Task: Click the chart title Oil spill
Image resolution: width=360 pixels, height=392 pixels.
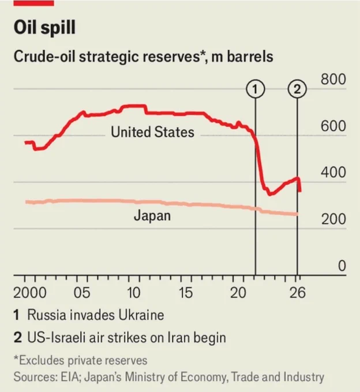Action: [x=44, y=28]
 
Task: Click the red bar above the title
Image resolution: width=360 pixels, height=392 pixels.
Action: [x=34, y=3]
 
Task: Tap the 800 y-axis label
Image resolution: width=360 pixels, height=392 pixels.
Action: [x=333, y=79]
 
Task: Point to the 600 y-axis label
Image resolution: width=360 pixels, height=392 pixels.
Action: [x=333, y=126]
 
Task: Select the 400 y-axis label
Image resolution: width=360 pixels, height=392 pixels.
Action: [x=333, y=172]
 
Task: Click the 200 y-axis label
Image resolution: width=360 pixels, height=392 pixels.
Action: [x=333, y=219]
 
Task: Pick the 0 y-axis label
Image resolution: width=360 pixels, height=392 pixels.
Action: [x=342, y=266]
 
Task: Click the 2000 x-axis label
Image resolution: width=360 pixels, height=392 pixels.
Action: [x=30, y=292]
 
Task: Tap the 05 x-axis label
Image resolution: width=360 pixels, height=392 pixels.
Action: [x=81, y=292]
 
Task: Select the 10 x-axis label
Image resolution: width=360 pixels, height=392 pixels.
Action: [x=134, y=292]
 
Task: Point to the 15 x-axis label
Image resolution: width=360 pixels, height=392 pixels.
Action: [x=185, y=292]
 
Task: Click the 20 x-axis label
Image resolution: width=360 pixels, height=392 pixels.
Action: [x=238, y=292]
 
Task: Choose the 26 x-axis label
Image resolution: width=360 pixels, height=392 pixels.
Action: [x=298, y=292]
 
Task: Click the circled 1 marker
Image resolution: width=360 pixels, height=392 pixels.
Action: [x=255, y=89]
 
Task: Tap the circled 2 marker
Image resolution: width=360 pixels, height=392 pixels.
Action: [x=297, y=89]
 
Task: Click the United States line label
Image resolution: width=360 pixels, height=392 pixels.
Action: [x=152, y=132]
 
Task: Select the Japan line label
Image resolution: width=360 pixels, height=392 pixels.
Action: [x=152, y=216]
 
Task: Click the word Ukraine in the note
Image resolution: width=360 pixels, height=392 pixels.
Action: [x=141, y=315]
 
